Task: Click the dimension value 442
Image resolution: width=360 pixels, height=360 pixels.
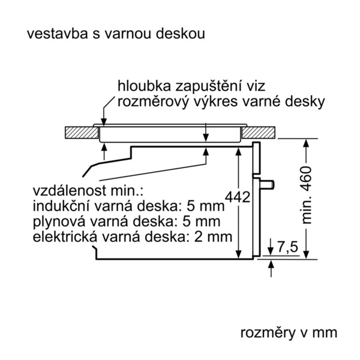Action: [x=238, y=197]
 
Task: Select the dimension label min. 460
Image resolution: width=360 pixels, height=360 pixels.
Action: [x=307, y=195]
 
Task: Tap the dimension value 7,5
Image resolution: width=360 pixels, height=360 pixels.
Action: [x=287, y=247]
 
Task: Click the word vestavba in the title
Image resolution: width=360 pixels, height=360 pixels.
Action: [x=58, y=34]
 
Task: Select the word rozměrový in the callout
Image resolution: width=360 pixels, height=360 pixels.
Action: [x=154, y=102]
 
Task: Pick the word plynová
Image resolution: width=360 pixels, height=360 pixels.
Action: [x=59, y=222]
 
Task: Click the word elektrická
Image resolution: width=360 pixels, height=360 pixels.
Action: [x=65, y=237]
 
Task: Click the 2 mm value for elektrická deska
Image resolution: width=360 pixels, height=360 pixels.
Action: [x=213, y=237]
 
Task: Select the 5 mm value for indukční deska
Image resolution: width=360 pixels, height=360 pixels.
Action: [x=205, y=206]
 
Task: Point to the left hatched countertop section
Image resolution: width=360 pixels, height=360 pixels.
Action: [x=82, y=133]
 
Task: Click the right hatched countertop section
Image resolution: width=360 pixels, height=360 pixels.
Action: [x=259, y=133]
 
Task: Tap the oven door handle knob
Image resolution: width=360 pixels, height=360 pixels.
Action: [x=268, y=184]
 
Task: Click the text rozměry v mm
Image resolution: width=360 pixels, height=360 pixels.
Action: [x=289, y=332]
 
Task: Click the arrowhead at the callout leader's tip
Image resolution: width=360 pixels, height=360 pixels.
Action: [x=104, y=122]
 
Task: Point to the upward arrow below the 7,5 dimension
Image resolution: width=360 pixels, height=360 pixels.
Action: [x=271, y=268]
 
